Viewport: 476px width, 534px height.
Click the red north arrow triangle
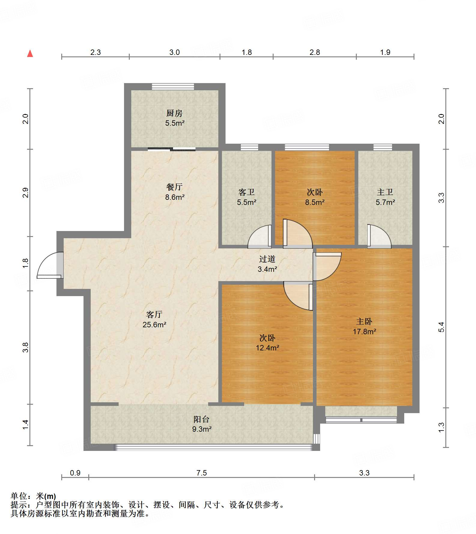click(30, 53)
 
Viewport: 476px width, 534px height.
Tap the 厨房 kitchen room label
click(174, 113)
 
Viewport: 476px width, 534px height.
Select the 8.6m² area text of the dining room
click(175, 197)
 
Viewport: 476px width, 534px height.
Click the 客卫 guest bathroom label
click(247, 192)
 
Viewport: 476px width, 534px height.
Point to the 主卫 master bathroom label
click(385, 192)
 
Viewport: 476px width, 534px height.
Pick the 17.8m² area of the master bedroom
click(365, 331)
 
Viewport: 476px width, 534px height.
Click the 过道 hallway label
click(267, 259)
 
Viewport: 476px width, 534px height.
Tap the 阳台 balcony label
click(202, 419)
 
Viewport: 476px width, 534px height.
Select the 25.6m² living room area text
click(154, 325)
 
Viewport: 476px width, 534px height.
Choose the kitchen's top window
click(173, 86)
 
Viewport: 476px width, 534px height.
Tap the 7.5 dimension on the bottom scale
click(202, 473)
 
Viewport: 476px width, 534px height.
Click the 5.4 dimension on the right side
click(441, 327)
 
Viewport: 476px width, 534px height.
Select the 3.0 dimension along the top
click(174, 52)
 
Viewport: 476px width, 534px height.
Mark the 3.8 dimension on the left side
click(26, 347)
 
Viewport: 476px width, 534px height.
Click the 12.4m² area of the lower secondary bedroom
click(268, 348)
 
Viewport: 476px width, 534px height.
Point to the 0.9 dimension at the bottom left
click(75, 473)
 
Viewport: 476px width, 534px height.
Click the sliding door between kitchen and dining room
click(172, 149)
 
